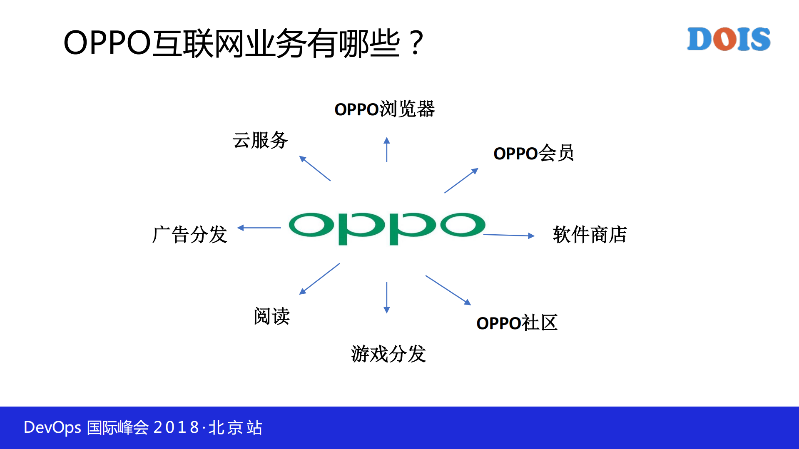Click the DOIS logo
tap(729, 39)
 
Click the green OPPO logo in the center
tap(387, 228)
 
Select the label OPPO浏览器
tap(385, 109)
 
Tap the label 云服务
tap(260, 140)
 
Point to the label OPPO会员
tap(533, 153)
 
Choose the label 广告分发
tap(190, 234)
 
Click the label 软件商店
tap(590, 234)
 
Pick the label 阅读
tap(272, 316)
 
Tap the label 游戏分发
tap(388, 354)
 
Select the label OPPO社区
tap(517, 323)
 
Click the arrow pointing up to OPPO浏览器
tap(387, 149)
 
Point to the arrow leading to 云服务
tap(315, 169)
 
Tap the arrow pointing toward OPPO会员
tap(461, 181)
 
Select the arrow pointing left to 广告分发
tap(259, 228)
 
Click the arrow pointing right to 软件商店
tap(509, 235)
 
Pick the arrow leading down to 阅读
tap(319, 279)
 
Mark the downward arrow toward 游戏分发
tap(387, 298)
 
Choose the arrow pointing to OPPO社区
tap(448, 290)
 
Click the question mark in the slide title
tap(416, 43)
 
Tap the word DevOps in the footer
tap(52, 428)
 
